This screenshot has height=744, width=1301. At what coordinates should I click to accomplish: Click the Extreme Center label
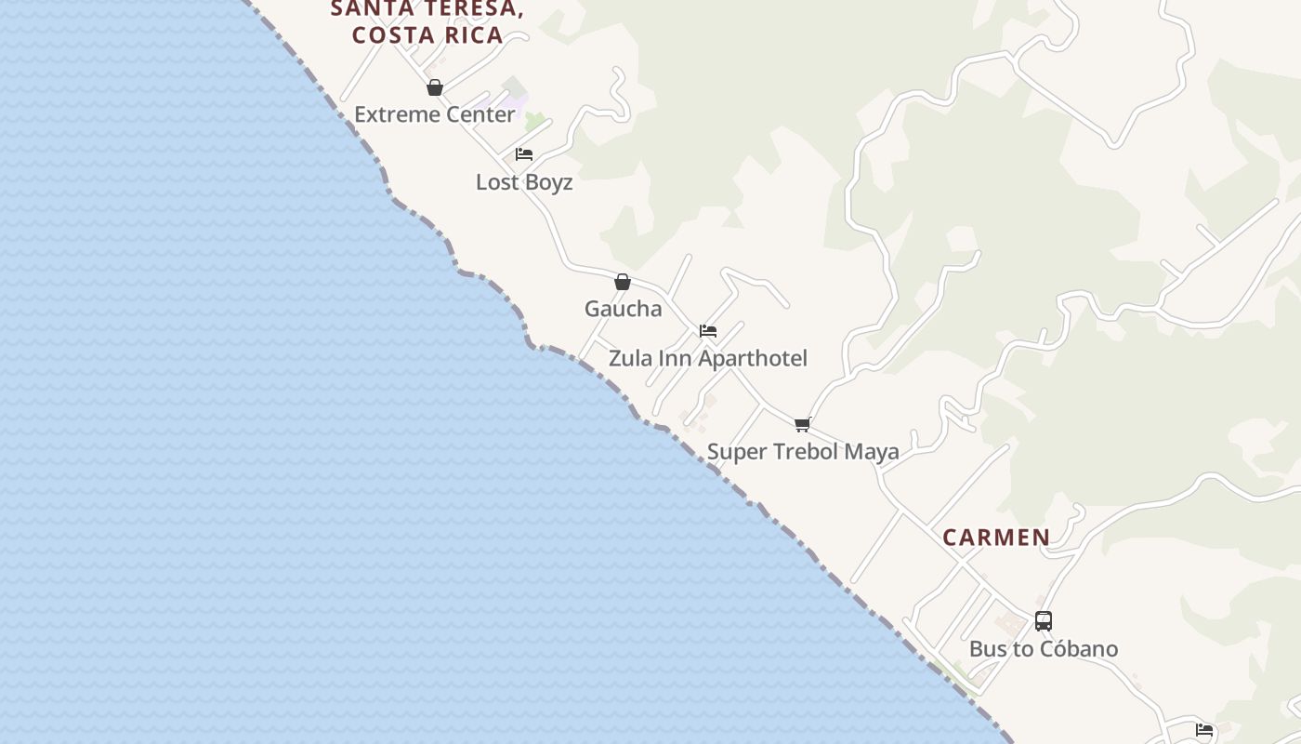(434, 114)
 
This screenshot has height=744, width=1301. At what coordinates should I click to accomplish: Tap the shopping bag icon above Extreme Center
(434, 87)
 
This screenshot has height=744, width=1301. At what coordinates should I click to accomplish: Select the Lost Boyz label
(524, 182)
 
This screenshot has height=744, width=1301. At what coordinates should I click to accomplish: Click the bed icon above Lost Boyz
(524, 154)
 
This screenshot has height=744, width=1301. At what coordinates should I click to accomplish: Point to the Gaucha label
(623, 309)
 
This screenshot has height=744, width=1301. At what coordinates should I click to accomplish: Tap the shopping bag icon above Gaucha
(623, 282)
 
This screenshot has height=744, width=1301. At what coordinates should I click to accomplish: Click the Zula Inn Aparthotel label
(708, 358)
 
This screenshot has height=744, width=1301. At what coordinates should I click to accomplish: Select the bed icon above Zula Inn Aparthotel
(708, 331)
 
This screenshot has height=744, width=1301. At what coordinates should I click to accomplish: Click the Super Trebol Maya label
(803, 452)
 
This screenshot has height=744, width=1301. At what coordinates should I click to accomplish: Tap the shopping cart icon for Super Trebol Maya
(803, 424)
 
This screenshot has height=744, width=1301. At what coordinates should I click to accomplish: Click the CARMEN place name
(996, 538)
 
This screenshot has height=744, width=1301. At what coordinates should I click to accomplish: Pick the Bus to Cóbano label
(1043, 649)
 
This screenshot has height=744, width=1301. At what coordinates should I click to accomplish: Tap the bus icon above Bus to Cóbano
(1044, 621)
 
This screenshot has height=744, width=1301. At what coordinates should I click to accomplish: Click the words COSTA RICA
(427, 35)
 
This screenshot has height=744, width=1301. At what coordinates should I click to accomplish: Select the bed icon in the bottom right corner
(1204, 730)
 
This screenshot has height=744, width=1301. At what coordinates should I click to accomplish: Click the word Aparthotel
(754, 358)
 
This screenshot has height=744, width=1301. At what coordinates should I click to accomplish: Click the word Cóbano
(1081, 649)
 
